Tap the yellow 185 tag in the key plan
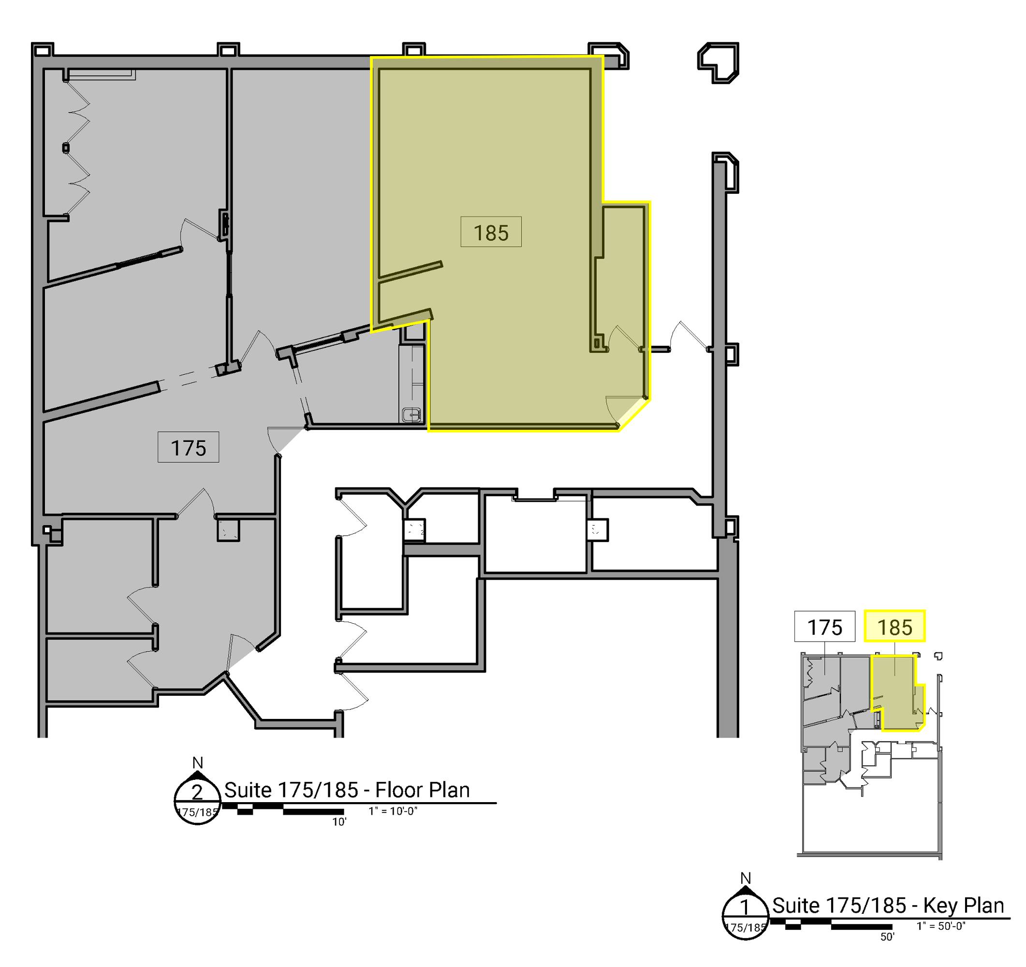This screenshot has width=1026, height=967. click(x=895, y=627)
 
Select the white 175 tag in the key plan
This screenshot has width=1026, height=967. click(x=825, y=627)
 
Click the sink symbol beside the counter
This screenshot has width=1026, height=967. click(x=412, y=414)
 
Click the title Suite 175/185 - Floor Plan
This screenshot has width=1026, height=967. click(x=347, y=790)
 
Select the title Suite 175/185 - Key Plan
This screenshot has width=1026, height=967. click(x=888, y=906)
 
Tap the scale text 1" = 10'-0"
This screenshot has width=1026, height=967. click(x=393, y=811)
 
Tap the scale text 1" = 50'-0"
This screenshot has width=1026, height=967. click(x=941, y=926)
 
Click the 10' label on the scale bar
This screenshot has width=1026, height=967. click(x=339, y=822)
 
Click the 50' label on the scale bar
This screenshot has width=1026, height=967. click(x=887, y=937)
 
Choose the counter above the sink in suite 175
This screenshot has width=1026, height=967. click(x=412, y=376)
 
